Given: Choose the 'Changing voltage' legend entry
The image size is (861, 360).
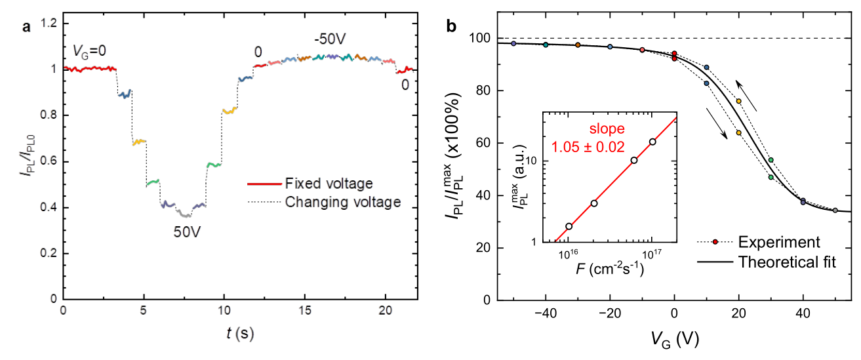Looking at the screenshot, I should click(x=343, y=202).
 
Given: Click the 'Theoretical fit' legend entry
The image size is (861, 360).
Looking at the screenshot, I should click(x=778, y=262).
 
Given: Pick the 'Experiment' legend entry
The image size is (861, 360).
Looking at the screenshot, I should click(x=771, y=241).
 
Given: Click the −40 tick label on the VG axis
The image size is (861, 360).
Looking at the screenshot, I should click(x=544, y=313).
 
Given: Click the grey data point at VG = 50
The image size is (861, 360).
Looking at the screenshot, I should click(x=835, y=210).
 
